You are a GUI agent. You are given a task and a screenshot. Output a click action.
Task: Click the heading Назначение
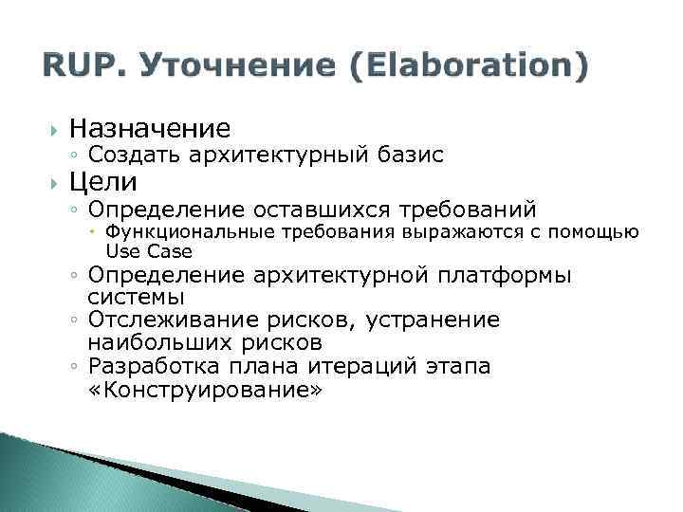(x=150, y=127)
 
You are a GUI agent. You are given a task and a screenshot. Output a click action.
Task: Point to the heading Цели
(x=104, y=181)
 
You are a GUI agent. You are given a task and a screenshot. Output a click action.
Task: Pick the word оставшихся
(x=313, y=209)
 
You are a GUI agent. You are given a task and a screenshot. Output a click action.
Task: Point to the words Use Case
(x=149, y=251)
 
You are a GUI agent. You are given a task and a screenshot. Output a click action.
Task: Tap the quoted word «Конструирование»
(x=205, y=389)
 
